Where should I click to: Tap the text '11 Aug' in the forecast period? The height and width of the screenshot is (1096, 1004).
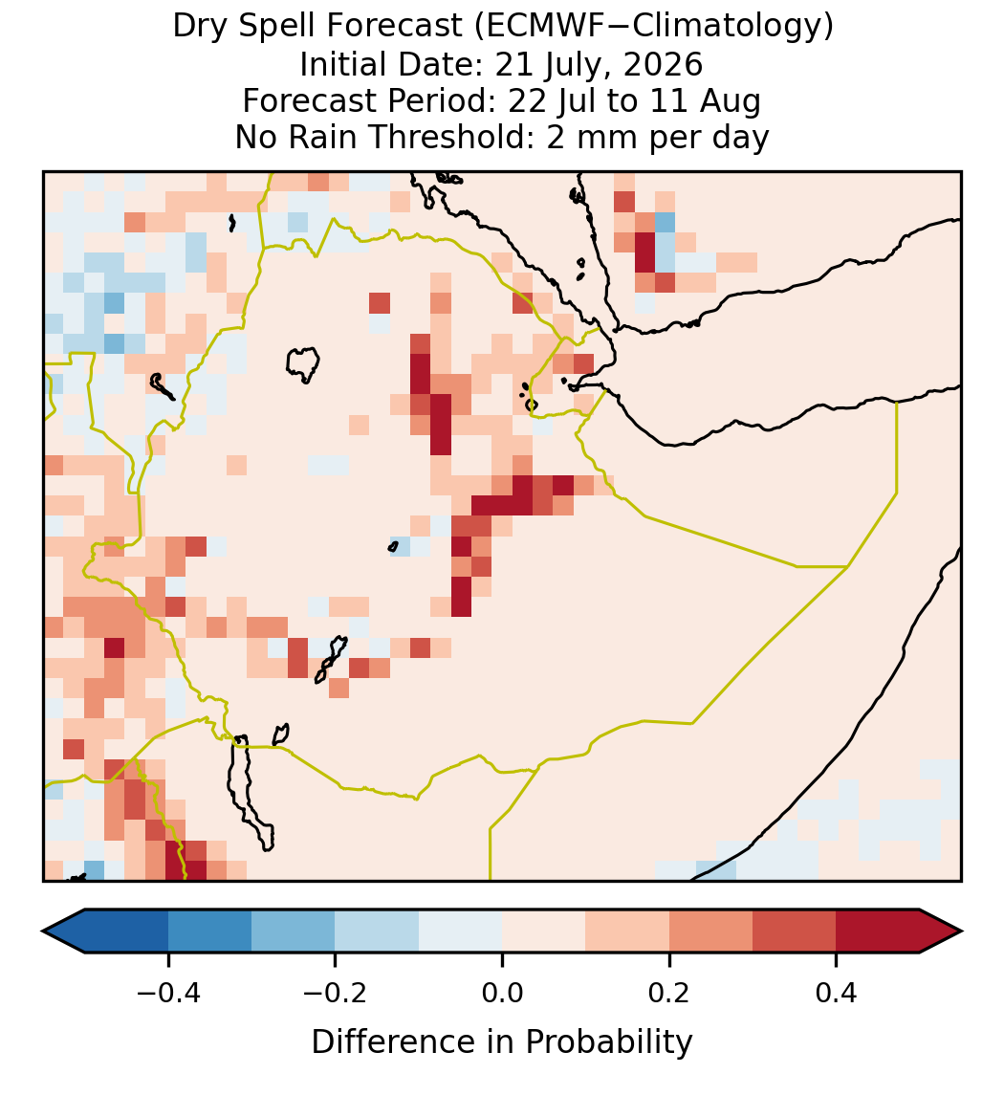click(x=705, y=102)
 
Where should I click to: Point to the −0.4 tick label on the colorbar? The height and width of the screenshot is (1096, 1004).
click(x=167, y=993)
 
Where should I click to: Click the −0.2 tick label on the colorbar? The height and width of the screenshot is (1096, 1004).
click(x=335, y=993)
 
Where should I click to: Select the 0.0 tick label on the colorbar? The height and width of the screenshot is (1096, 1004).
click(x=502, y=993)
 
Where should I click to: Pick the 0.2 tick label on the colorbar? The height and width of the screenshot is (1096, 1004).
click(x=669, y=993)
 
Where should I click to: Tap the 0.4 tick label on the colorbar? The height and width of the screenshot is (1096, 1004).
click(x=837, y=993)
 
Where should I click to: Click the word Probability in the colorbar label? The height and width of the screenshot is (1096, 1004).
click(x=608, y=1042)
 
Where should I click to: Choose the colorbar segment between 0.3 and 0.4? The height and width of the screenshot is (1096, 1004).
click(x=795, y=932)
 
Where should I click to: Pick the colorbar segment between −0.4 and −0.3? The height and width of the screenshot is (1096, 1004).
click(x=209, y=932)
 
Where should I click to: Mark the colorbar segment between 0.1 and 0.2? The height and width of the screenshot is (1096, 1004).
click(x=627, y=932)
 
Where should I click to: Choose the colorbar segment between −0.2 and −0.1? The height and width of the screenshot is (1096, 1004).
click(x=377, y=932)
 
